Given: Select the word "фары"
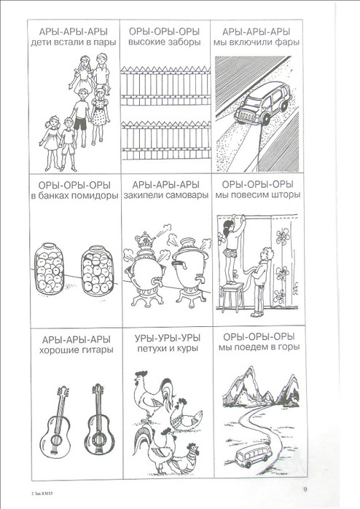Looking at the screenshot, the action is point(288,42).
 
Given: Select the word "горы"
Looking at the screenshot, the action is point(288,347).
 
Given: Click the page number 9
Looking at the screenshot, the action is point(305,489).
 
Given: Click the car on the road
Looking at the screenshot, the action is point(262,103).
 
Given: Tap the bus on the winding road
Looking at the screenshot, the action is point(253,454).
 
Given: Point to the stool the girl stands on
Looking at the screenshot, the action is point(232,298).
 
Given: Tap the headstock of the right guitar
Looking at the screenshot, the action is point(98,390).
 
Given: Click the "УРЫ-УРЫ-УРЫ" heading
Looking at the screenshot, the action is point(168,339).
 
